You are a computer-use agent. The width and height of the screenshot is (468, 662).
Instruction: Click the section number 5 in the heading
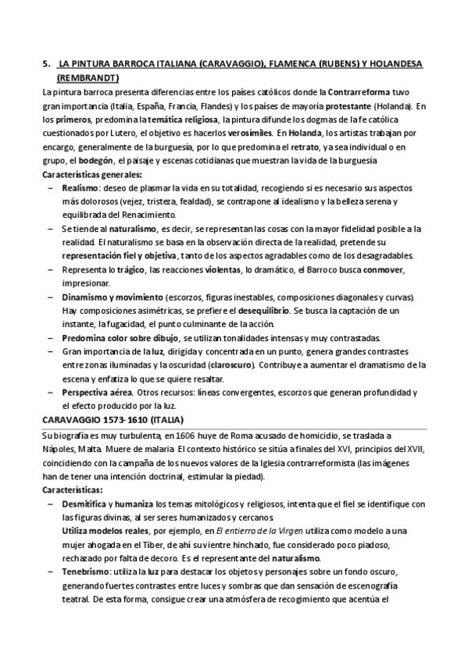coord(45,66)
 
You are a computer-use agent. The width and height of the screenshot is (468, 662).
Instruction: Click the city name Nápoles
coord(59,448)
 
